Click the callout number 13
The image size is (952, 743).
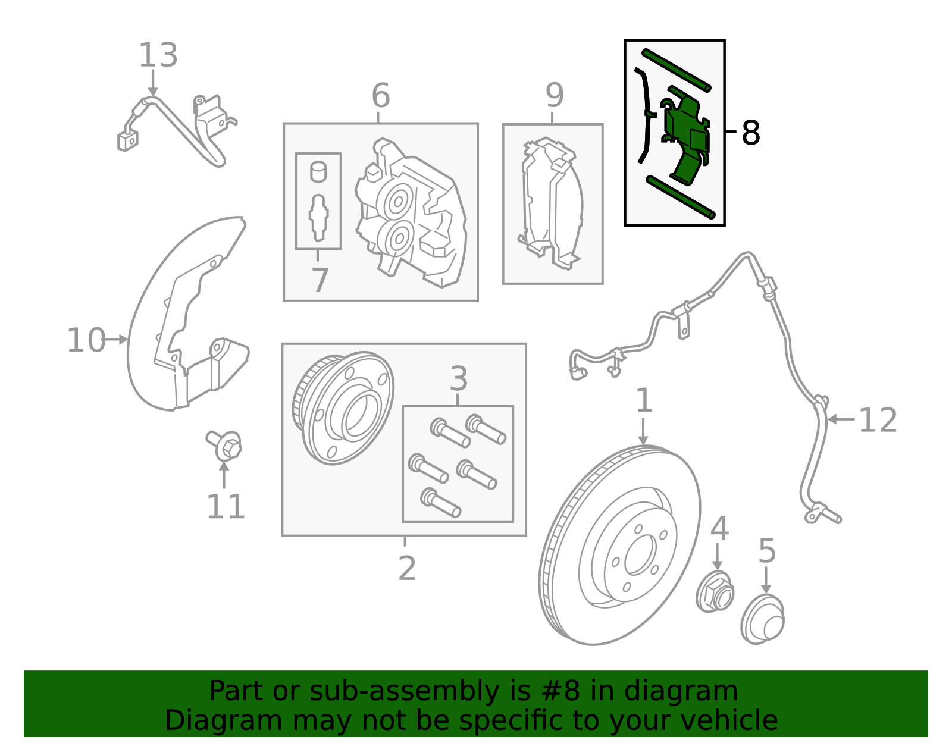[158, 55]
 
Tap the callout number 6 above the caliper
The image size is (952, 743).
[381, 96]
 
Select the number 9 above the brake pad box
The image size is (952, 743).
[555, 95]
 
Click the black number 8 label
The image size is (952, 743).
[751, 133]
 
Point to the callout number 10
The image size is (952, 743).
[86, 341]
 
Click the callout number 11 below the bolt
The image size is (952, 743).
[226, 507]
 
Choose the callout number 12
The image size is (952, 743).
[878, 421]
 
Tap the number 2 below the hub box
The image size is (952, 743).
[407, 569]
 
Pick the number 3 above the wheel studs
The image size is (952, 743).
[459, 378]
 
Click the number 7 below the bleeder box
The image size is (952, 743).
[320, 280]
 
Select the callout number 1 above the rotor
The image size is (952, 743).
[644, 401]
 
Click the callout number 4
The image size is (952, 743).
[719, 528]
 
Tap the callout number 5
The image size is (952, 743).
[767, 551]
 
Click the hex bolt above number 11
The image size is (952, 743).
[225, 446]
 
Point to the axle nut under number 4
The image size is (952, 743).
[715, 591]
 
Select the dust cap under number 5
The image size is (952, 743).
[762, 619]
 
